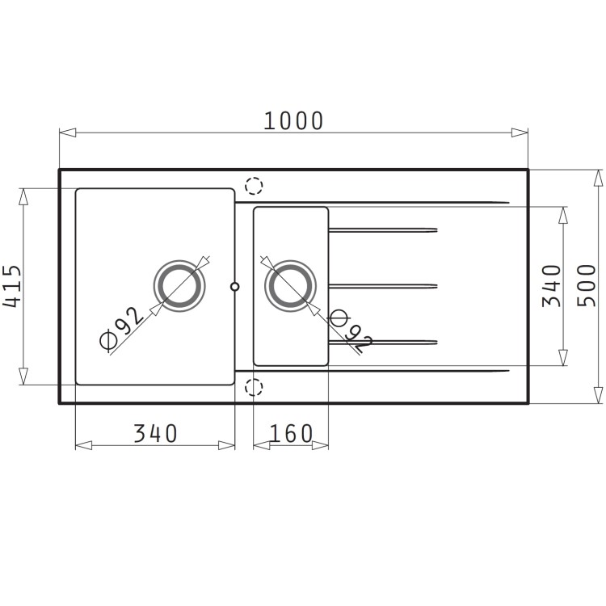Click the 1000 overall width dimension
(293, 120)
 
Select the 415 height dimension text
(12, 287)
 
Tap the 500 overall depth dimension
(587, 286)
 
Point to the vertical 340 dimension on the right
(552, 286)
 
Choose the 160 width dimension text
(290, 434)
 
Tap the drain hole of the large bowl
(180, 286)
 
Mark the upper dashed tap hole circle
(254, 186)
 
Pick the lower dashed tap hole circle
(254, 386)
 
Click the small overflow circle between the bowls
(235, 286)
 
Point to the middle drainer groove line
(383, 285)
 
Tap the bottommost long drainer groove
(372, 370)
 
